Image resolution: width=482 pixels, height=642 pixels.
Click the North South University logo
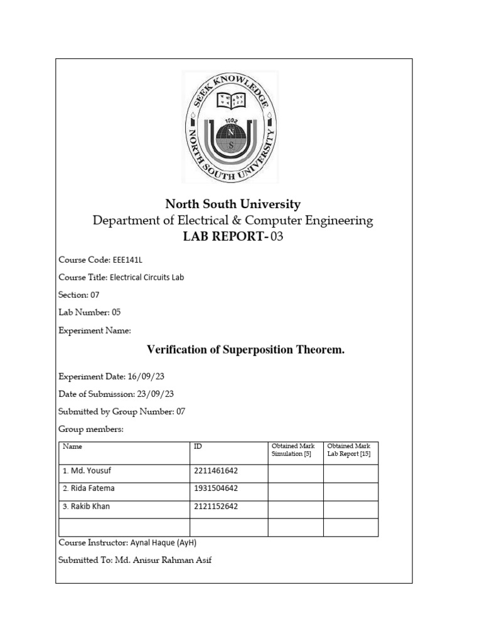coord(230,127)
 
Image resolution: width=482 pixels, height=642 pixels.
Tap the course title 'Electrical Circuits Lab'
coord(148,276)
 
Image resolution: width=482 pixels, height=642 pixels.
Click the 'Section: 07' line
coord(78,295)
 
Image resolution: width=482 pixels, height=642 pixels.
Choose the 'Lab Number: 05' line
coord(89,312)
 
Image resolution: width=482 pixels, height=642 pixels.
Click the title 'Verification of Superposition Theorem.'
coord(245,350)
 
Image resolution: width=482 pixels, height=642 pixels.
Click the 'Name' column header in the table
coord(72,446)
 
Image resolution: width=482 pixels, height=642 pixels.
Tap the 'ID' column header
coord(198,446)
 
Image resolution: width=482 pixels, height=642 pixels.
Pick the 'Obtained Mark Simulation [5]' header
coord(293,450)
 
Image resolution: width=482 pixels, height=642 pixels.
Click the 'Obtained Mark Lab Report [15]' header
coord(350,450)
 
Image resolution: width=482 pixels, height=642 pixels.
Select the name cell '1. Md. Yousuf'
coord(87,470)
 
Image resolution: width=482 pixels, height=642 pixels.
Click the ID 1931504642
coord(216,488)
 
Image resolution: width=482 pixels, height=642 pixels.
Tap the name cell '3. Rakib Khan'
coord(86,507)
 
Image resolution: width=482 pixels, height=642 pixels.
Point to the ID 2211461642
coord(216,470)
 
